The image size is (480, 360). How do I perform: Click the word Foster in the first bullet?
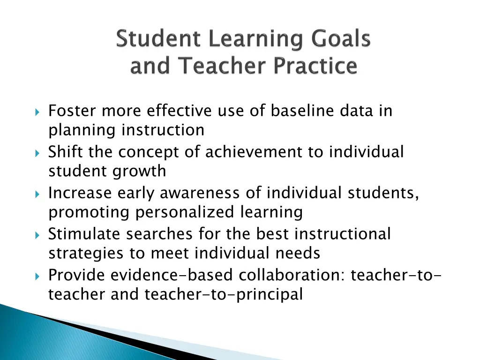tap(73, 111)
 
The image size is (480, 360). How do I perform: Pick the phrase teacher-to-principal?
tap(224, 294)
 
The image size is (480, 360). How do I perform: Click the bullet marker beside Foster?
tap(37, 112)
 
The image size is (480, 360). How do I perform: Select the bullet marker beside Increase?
tap(37, 194)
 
